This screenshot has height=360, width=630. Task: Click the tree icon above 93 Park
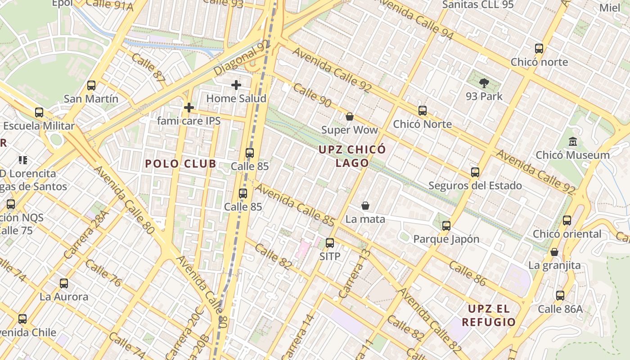coord(484,83)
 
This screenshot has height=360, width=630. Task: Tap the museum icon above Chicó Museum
coord(573,142)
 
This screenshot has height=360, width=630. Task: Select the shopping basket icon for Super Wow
coord(350,117)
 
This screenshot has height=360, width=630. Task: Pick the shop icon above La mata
coord(365,206)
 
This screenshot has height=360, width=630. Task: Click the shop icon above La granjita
coord(554,252)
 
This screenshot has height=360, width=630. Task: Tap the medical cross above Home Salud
coord(236,85)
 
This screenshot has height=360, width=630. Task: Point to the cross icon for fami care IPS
coord(189,108)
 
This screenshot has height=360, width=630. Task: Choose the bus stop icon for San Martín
coord(91,85)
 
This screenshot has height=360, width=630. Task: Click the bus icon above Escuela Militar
coord(39,112)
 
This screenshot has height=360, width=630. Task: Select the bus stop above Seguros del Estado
coord(475,172)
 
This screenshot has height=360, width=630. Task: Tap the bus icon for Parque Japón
coord(446,226)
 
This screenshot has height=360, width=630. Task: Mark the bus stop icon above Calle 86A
coord(560,296)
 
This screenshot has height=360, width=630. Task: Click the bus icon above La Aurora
coord(64,283)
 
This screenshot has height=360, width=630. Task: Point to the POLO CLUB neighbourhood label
coord(181,164)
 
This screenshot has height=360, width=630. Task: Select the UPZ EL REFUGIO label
coord(489,315)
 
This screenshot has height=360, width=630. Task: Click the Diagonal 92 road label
coord(242,58)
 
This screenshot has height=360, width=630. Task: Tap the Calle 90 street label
coord(312,94)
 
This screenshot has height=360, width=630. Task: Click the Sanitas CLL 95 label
coord(478,4)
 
